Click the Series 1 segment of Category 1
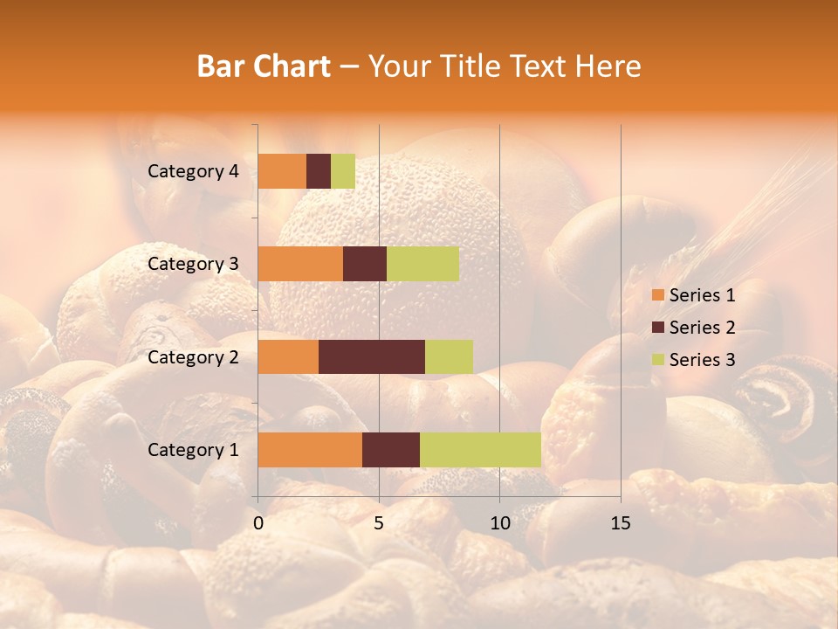pos(310,450)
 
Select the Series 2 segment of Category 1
pos(391,450)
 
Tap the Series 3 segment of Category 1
pos(480,450)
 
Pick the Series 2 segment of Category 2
pos(372,356)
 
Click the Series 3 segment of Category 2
pos(449,356)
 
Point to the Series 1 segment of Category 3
pos(300,264)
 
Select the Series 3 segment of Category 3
pos(422,264)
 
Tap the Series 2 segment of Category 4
pos(319,171)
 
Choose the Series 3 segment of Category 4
pos(343,171)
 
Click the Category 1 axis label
pos(193,450)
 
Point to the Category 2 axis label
pos(193,357)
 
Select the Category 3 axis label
pos(193,264)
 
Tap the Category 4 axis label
pos(193,171)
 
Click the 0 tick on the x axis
pos(258,523)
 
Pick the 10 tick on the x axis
pos(499,523)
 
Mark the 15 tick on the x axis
pos(620,523)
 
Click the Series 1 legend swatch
pos(657,295)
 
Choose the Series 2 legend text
pos(702,328)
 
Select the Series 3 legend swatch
pos(657,360)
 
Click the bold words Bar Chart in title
pos(264,66)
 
